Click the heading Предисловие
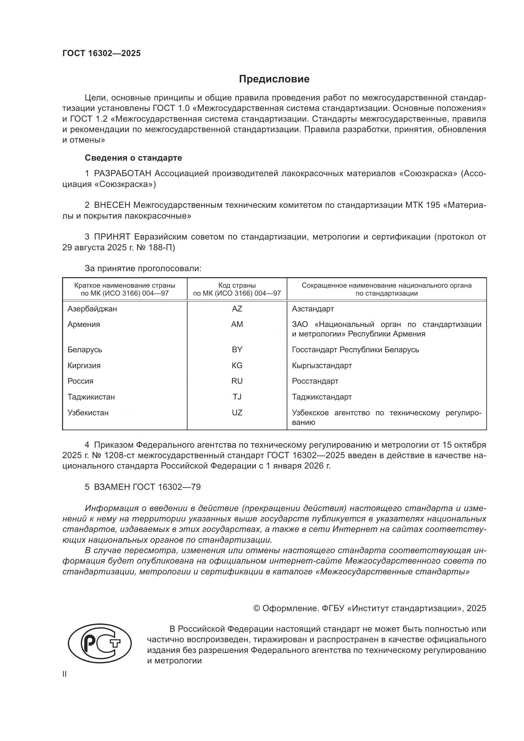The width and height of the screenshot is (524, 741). [x=274, y=79]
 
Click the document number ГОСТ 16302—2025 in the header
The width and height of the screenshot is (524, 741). [x=102, y=54]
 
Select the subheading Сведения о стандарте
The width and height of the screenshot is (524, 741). [x=133, y=158]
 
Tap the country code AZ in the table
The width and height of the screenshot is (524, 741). [x=237, y=309]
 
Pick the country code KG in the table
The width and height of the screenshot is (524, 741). [x=237, y=365]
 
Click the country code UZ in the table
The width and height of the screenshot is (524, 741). [x=237, y=412]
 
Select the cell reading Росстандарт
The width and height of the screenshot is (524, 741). [x=315, y=381]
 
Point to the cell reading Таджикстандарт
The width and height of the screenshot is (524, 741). [x=322, y=397]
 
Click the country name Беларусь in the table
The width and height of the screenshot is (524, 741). [x=85, y=349]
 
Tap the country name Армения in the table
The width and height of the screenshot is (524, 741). [x=84, y=324]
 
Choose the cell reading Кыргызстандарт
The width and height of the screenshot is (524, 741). [x=322, y=365]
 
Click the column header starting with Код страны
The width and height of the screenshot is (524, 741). [x=237, y=289]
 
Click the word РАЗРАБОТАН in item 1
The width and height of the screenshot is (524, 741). [x=123, y=174]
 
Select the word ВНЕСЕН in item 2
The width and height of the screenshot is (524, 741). [x=112, y=205]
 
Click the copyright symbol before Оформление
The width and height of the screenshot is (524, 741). [x=257, y=608]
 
